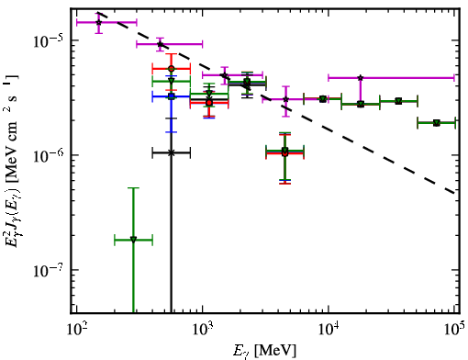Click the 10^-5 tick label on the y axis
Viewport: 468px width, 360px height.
pos(47,41)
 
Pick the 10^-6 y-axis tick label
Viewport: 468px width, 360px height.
pos(47,156)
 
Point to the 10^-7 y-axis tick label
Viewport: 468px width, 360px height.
pos(47,271)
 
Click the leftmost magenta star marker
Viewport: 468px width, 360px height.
pos(98,22)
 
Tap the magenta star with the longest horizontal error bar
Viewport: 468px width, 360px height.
pos(361,78)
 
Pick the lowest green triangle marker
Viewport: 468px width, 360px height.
pos(133,240)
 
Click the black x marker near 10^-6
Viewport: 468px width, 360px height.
pos(172,152)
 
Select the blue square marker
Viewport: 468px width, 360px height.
pos(172,96)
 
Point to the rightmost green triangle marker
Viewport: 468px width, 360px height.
pos(437,123)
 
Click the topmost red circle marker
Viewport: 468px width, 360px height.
pos(172,69)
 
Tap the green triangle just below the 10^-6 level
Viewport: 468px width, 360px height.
pos(285,150)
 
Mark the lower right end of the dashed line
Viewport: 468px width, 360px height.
pos(455,194)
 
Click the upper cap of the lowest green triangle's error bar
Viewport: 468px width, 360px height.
pos(133,187)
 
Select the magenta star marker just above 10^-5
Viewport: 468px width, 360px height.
pos(160,44)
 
